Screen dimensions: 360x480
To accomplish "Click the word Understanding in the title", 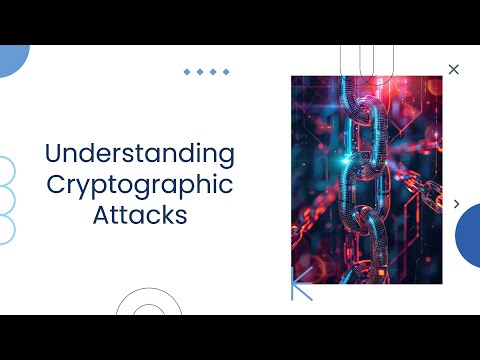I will point(140,154).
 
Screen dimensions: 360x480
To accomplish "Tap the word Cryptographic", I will point(140,185).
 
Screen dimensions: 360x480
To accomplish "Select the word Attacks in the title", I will point(140,215).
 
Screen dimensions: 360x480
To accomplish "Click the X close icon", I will point(454,69).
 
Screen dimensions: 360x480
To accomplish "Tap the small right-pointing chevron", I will point(457,204).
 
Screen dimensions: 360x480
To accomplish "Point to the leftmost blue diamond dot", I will point(187,72).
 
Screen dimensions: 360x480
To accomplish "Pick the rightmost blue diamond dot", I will point(226,72).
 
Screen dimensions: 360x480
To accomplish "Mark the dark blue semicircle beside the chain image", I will point(469,235).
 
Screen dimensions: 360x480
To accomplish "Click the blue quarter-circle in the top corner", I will point(12,58).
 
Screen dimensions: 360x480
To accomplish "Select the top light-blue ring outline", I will point(4,171).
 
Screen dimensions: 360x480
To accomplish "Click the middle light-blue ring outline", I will point(4,200).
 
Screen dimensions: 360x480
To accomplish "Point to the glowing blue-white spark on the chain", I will point(348,160).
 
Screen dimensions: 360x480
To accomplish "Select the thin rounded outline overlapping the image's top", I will point(359,58).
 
